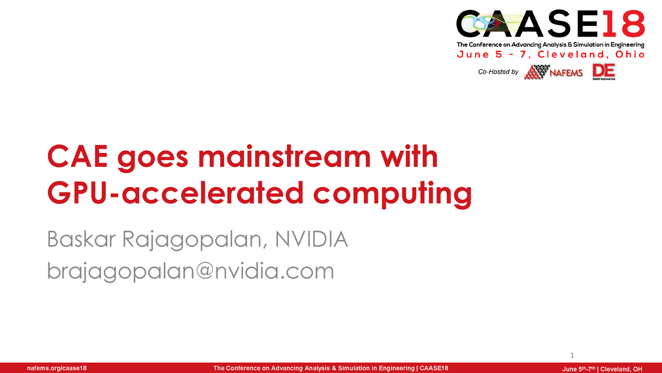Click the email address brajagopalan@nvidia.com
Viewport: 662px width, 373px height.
click(190, 271)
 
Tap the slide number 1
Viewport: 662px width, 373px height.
click(572, 355)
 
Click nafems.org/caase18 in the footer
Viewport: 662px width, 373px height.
click(52, 368)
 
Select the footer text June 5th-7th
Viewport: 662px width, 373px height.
click(579, 368)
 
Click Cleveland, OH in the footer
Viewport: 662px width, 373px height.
click(621, 368)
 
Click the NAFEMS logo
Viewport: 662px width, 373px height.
click(553, 72)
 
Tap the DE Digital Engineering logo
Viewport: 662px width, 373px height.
click(604, 72)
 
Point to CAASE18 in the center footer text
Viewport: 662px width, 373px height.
click(434, 368)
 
